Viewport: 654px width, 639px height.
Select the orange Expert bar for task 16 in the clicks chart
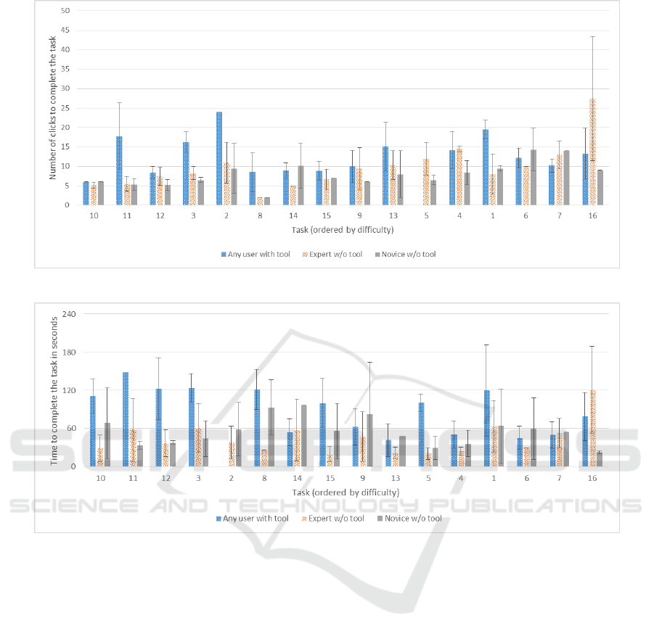[592, 152]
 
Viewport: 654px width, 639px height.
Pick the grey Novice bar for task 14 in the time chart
[303, 435]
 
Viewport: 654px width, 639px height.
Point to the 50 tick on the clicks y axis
[66, 11]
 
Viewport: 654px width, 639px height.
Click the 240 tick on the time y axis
[62, 313]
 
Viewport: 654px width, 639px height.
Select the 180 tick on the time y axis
[62, 352]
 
